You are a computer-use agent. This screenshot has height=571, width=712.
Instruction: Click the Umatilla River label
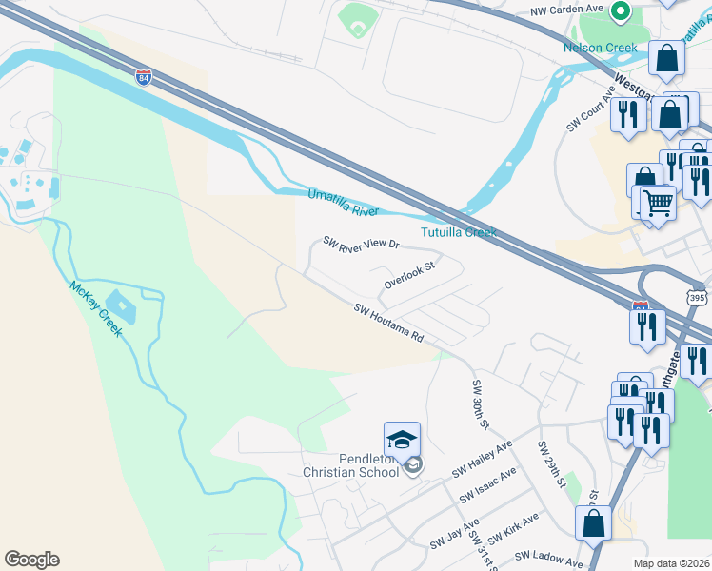tap(343, 203)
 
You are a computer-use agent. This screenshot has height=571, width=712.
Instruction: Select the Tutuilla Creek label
tap(459, 232)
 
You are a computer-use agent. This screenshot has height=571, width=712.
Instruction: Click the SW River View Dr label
tap(361, 244)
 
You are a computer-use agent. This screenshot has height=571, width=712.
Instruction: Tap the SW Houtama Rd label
tap(388, 324)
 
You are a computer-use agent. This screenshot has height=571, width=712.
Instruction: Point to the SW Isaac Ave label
tap(487, 485)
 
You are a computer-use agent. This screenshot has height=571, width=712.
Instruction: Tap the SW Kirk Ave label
tap(515, 526)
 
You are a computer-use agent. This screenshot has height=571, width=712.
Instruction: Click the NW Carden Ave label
tap(567, 10)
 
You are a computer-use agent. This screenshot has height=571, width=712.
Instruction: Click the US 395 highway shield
tap(698, 298)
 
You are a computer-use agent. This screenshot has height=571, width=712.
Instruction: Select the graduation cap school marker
tap(402, 441)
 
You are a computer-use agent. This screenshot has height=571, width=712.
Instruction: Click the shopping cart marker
tap(657, 203)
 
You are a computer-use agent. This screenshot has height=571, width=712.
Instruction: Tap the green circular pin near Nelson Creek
tap(621, 11)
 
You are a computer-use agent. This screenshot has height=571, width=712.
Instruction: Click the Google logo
tap(31, 560)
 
